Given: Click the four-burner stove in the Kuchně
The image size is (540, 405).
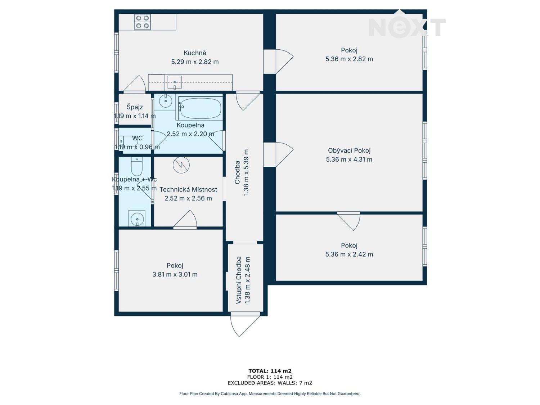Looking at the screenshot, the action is [142, 22].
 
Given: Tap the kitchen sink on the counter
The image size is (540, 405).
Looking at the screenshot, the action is [175, 82].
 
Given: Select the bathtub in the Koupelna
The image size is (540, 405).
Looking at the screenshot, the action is [199, 108].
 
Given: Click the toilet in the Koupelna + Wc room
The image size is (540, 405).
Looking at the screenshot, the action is [136, 166].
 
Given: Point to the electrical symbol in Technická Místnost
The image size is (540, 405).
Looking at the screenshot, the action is [181, 165].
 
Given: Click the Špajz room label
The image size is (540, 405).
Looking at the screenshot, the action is [135, 107].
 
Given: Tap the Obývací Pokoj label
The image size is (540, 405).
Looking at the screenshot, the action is [349, 150].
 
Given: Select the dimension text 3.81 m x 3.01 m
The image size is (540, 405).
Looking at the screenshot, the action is [175, 274].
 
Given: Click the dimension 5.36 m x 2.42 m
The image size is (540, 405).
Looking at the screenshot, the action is [349, 254].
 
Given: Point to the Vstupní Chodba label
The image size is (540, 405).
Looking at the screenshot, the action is [239, 280].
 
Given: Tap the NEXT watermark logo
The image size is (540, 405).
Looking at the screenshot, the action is [407, 28].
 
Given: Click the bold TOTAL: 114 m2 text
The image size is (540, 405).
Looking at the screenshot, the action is [270, 371].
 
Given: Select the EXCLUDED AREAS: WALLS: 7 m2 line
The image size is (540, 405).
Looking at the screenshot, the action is [270, 383].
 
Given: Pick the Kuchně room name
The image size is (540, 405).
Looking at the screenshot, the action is [195, 53].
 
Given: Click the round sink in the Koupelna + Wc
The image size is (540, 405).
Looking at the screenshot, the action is [137, 219].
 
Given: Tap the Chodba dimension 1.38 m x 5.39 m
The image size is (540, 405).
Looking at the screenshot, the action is [246, 172].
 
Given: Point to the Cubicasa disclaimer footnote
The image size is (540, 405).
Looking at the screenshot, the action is [270, 394].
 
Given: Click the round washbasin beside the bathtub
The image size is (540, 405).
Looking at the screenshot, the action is [165, 101].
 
